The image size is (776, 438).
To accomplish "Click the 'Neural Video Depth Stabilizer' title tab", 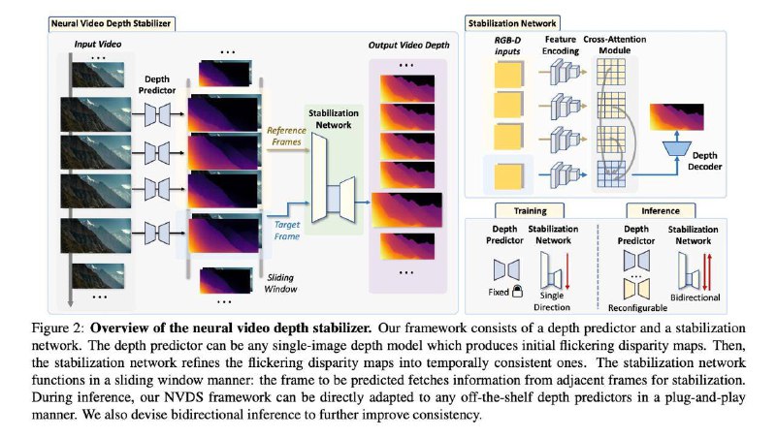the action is [x=111, y=23].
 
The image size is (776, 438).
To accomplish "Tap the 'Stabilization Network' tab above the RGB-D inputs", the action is [x=512, y=22].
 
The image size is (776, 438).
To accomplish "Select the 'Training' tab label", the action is [x=530, y=210].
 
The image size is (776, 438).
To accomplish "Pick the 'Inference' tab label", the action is [x=661, y=210].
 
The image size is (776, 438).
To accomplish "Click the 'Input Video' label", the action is [x=98, y=44].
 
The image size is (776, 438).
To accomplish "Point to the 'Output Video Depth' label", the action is [x=408, y=45].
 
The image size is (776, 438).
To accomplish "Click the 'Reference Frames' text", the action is [x=286, y=136].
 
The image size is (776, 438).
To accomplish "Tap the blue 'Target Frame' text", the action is [x=287, y=231].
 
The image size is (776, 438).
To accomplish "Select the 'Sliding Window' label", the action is [x=280, y=283].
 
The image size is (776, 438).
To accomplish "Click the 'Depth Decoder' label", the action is [x=705, y=161].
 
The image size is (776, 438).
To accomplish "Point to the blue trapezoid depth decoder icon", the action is [x=677, y=148].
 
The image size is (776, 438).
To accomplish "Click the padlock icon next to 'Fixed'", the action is [x=517, y=291].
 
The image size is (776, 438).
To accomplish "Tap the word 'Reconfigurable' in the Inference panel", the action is [x=637, y=308].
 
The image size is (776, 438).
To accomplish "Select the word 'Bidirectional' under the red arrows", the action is [x=695, y=297].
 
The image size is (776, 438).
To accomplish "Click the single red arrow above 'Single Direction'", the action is [x=567, y=271].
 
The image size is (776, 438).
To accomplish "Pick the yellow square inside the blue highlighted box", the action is [x=508, y=176].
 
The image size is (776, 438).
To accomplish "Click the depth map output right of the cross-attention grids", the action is [x=676, y=117].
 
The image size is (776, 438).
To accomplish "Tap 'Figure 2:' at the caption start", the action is [x=58, y=328].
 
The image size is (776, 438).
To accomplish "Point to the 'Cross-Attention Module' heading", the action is [x=615, y=45].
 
